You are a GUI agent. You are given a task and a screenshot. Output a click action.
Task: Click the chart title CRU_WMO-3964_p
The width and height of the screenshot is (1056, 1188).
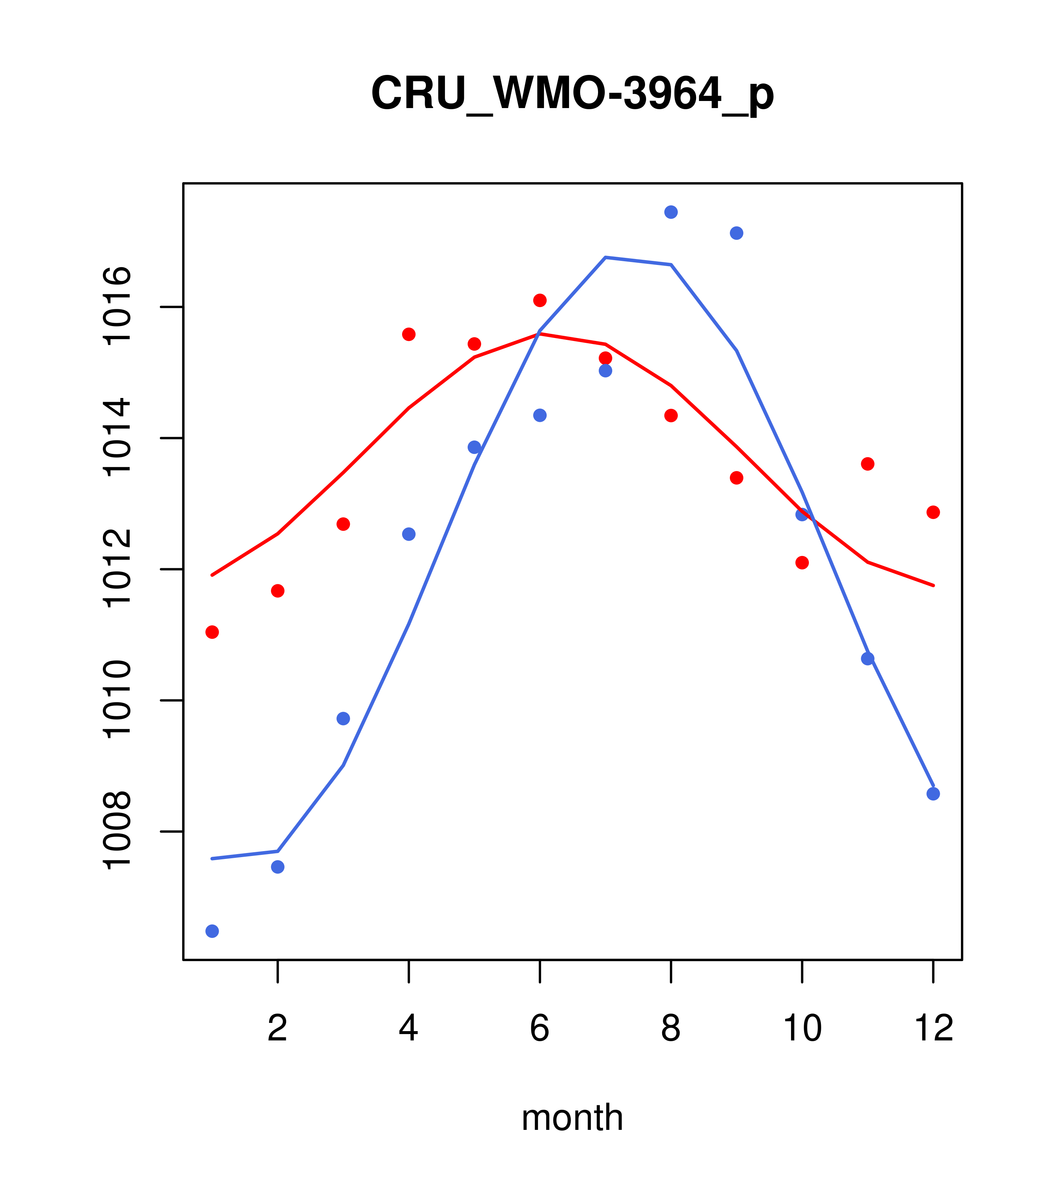click(x=572, y=94)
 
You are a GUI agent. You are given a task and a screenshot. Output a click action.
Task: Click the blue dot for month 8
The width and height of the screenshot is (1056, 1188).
click(x=671, y=212)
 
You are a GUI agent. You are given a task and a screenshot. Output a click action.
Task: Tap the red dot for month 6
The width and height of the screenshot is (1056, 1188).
click(x=540, y=300)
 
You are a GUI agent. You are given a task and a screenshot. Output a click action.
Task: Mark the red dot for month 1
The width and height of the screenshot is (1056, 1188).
click(x=212, y=632)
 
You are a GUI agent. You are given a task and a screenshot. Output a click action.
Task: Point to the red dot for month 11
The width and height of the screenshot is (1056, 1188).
click(x=868, y=464)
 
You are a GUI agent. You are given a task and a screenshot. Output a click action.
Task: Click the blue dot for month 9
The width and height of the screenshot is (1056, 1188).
click(x=736, y=233)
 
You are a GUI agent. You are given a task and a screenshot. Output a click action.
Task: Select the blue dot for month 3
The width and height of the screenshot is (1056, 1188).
click(x=344, y=719)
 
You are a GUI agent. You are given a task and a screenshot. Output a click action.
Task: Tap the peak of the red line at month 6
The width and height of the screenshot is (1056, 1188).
click(x=540, y=334)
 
